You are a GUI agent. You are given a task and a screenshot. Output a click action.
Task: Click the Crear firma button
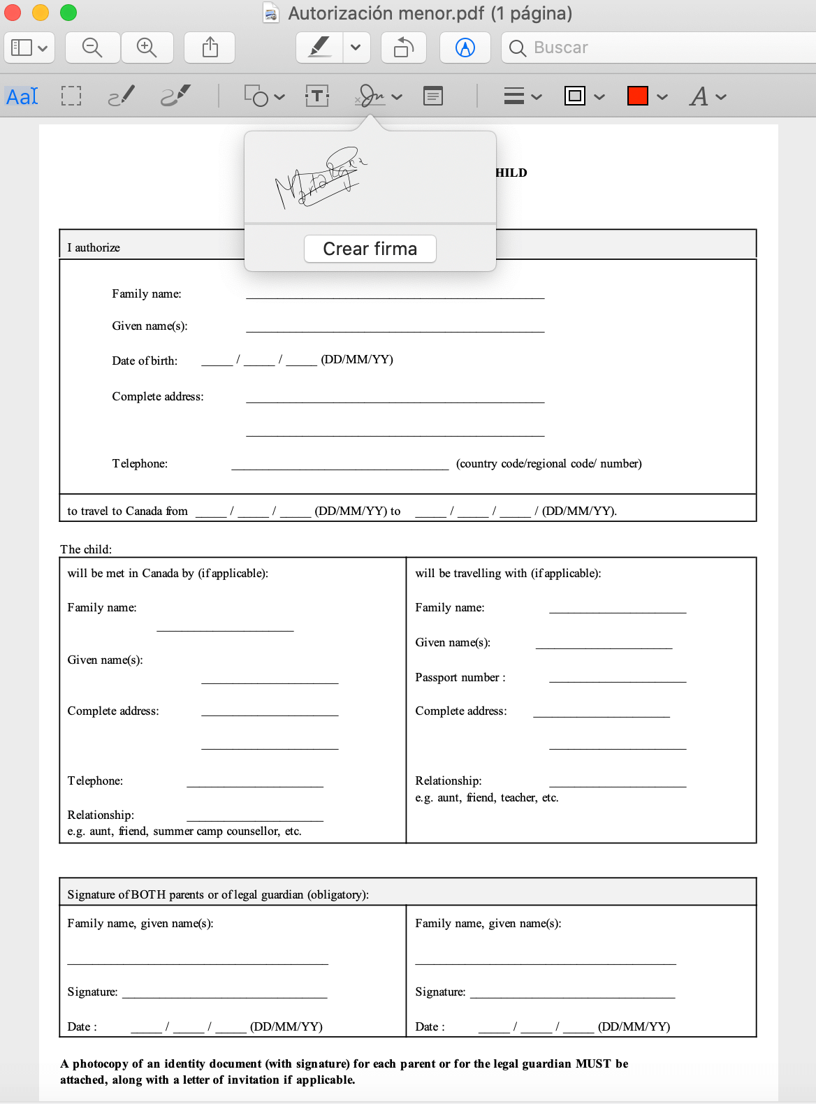(x=370, y=249)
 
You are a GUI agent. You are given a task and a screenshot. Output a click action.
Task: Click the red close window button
(x=13, y=13)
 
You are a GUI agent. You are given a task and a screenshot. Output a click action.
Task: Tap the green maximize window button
(x=68, y=13)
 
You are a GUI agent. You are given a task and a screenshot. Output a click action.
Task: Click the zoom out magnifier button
(x=92, y=48)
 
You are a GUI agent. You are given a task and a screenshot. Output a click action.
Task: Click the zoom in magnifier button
(x=147, y=48)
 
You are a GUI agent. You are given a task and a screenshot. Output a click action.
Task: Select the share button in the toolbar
(x=210, y=48)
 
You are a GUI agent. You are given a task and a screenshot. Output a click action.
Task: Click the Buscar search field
(x=657, y=48)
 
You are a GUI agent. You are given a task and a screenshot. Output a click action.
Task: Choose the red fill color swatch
(x=637, y=96)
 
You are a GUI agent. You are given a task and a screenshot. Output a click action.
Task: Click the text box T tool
(x=317, y=96)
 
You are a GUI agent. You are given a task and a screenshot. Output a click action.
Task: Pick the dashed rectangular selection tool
(x=71, y=96)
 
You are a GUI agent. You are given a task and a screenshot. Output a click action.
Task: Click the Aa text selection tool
(x=22, y=96)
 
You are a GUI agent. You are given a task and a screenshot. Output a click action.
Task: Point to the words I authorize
(x=94, y=247)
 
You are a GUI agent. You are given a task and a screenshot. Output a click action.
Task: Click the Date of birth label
(x=145, y=361)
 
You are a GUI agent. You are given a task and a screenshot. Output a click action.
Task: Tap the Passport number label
(x=460, y=677)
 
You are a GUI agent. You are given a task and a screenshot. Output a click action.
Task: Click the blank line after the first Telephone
(x=340, y=465)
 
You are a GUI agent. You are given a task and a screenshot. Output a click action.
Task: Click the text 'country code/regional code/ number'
(x=548, y=463)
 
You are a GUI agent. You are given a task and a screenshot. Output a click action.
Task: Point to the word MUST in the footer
(x=592, y=1063)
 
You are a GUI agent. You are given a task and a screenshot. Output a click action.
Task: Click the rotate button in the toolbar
(x=403, y=48)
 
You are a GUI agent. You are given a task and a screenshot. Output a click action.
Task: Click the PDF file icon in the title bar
(x=271, y=13)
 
